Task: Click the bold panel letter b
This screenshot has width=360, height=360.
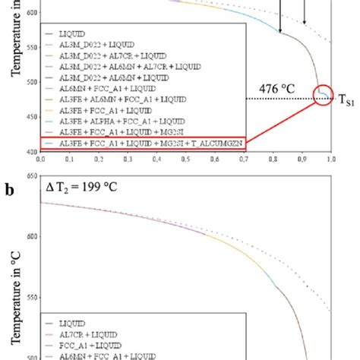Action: point(8,185)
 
